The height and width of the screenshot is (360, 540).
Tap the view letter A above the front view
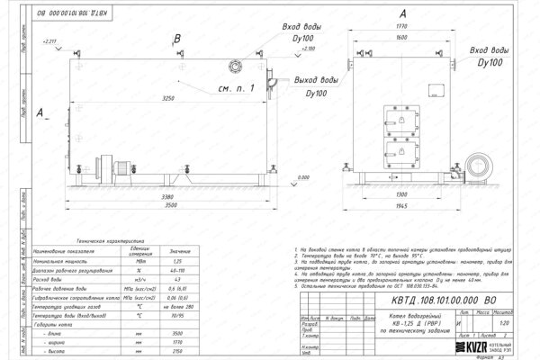tap(400, 12)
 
